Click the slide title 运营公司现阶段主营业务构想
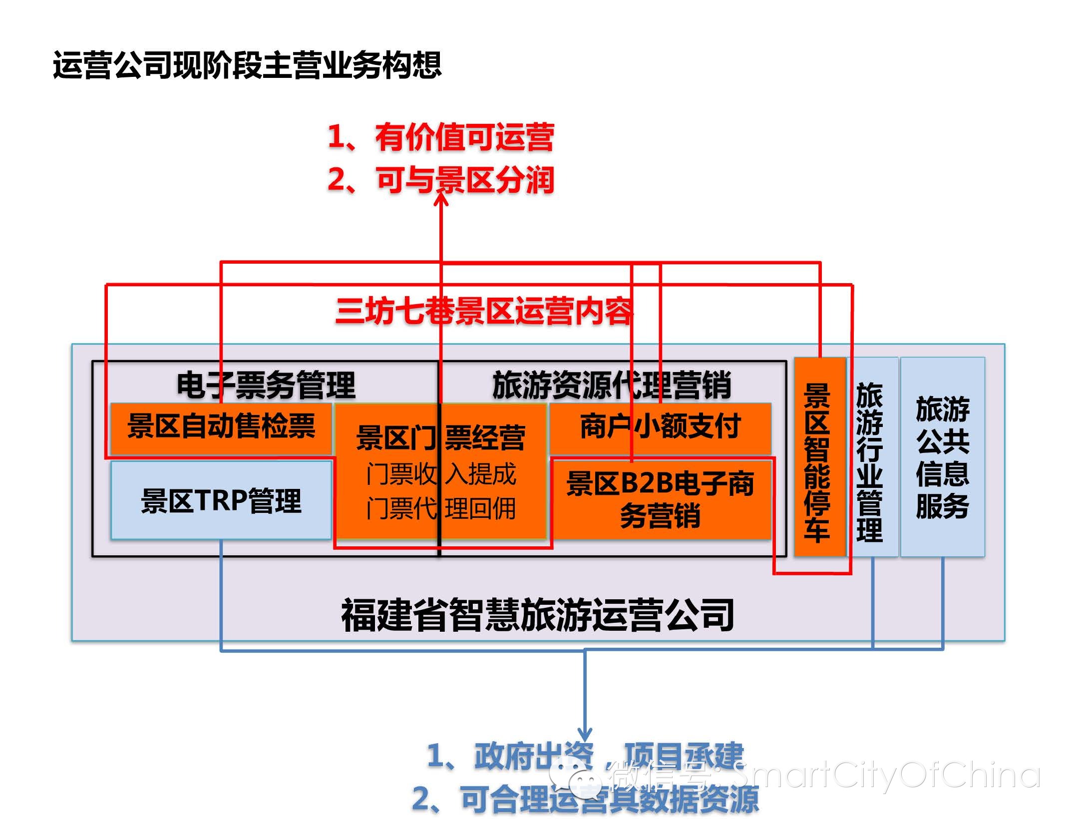point(247,65)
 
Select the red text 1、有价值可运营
point(440,137)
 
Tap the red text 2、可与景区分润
point(440,180)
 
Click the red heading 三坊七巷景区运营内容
point(483,311)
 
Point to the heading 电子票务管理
point(266,385)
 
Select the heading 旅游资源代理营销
point(612,385)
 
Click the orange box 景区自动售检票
point(221,427)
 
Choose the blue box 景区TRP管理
point(221,500)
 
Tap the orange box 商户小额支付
point(660,427)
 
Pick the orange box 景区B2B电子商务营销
point(660,499)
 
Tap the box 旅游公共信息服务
point(942,457)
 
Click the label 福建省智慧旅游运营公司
point(537,615)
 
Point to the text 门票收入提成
point(440,474)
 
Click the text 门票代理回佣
point(440,509)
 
